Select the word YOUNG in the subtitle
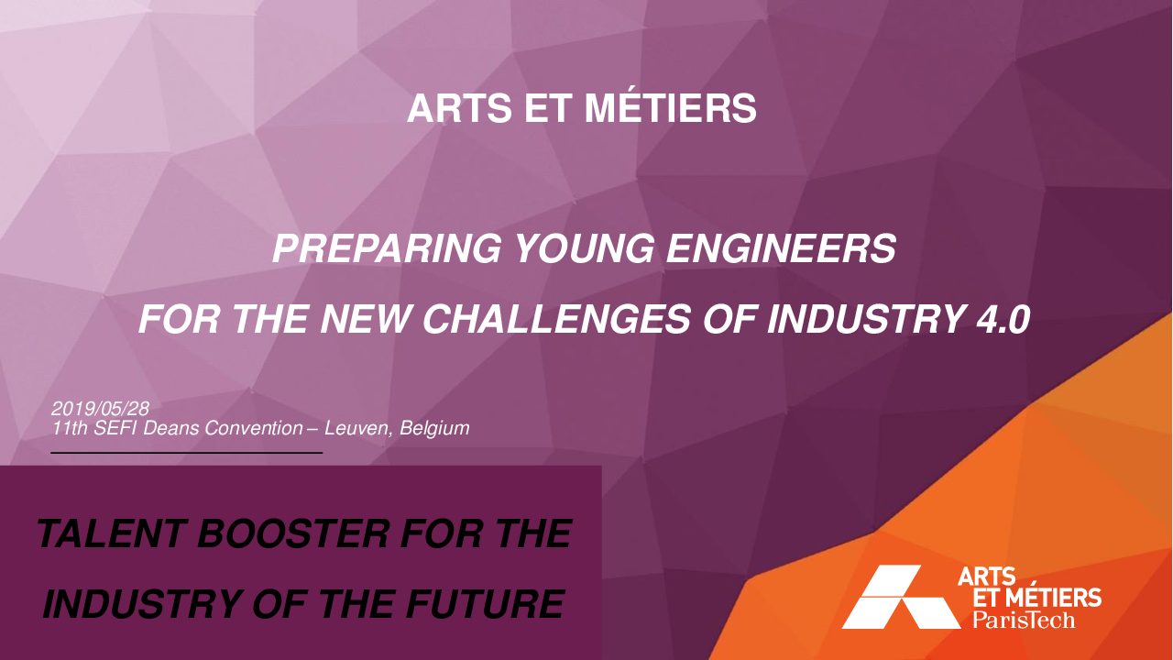(x=584, y=248)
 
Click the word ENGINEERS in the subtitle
(x=781, y=248)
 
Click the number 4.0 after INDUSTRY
(x=1003, y=319)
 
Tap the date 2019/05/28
(x=100, y=408)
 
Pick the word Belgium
(x=434, y=428)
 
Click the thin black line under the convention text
(x=186, y=452)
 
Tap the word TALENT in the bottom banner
(x=111, y=533)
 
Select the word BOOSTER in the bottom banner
(x=292, y=533)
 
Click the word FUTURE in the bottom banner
(x=484, y=603)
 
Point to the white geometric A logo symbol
(x=901, y=597)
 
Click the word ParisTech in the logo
(x=1024, y=621)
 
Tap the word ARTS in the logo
(x=987, y=577)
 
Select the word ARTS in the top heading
(x=459, y=108)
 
